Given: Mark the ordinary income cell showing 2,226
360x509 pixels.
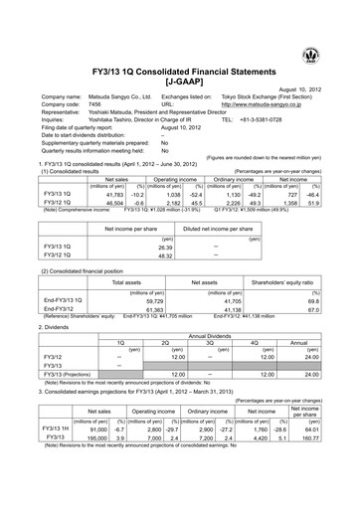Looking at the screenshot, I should [x=246, y=175].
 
